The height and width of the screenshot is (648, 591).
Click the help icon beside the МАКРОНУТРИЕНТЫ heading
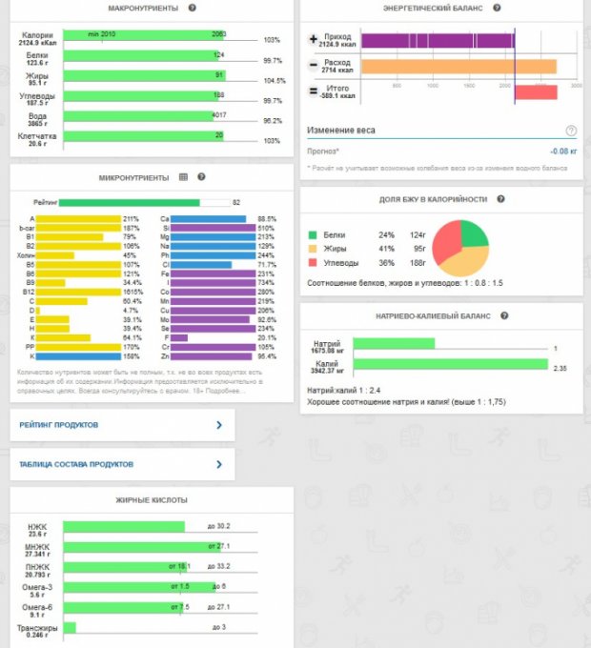[x=192, y=8]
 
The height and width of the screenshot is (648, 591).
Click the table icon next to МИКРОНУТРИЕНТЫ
[x=184, y=177]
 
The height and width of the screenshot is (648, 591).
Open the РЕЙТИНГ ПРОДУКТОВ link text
[x=59, y=425]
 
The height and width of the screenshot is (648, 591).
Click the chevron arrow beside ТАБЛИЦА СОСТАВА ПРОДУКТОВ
[x=218, y=465]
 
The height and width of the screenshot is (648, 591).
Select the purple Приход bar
[x=438, y=41]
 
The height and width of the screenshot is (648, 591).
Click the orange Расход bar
[x=459, y=67]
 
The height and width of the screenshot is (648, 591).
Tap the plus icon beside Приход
[x=314, y=40]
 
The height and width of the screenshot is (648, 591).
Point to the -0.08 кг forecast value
[x=563, y=151]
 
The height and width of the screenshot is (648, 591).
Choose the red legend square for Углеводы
[x=312, y=262]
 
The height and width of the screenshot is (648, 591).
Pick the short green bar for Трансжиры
[x=70, y=627]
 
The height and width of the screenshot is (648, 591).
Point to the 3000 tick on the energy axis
[x=576, y=85]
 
